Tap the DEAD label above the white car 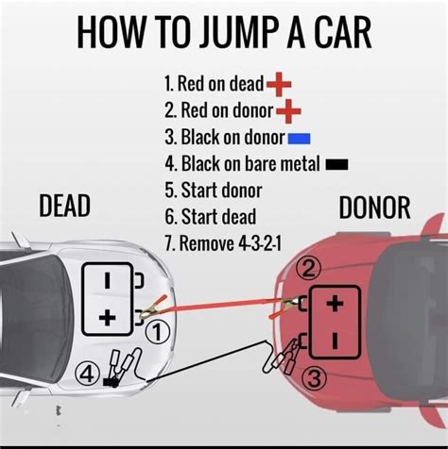[64, 206]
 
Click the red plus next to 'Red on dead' [280, 86]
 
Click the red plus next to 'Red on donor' [287, 113]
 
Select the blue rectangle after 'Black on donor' [300, 140]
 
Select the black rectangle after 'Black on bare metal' [336, 165]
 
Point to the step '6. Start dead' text [209, 216]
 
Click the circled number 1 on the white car [160, 331]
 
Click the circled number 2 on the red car [306, 268]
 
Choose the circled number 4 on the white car [86, 374]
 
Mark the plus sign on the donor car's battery [334, 305]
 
